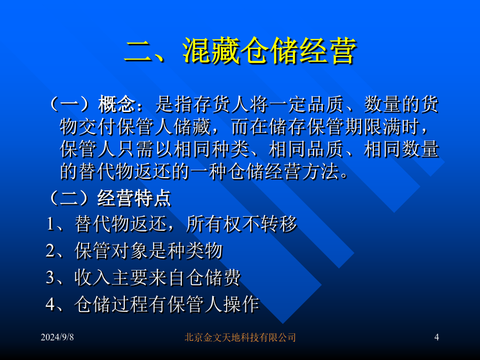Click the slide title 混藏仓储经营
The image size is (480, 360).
(270, 51)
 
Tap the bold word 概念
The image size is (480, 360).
(117, 104)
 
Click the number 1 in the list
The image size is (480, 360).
(51, 224)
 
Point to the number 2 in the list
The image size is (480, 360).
(51, 251)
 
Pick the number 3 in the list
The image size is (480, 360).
(51, 277)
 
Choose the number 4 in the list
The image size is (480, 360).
(51, 305)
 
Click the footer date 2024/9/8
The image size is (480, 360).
(57, 337)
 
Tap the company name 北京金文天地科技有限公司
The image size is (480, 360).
(240, 338)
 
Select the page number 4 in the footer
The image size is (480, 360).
(436, 337)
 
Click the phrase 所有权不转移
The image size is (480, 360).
(242, 224)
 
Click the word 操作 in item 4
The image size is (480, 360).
(241, 305)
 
